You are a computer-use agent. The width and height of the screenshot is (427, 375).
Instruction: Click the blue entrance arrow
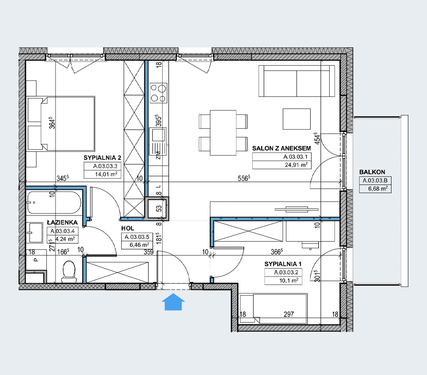[x=173, y=302]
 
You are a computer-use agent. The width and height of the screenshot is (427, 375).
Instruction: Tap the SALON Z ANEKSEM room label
[x=281, y=148]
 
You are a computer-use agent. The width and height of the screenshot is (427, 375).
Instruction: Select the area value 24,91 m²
[x=297, y=164]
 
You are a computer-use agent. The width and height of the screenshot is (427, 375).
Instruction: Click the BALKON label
[x=372, y=172]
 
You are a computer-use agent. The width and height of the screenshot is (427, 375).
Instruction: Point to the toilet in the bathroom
[x=69, y=271]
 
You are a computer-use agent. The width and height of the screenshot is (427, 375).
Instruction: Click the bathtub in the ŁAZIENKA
[x=54, y=202]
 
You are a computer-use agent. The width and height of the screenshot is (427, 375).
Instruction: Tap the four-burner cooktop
[x=159, y=93]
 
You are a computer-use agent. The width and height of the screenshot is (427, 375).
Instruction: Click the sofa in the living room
[x=297, y=81]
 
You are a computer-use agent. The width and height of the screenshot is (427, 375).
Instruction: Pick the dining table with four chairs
[x=223, y=133]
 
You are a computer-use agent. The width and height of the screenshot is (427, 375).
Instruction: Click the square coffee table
[x=297, y=119]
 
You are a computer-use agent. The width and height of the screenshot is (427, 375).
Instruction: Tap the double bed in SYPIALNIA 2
[x=61, y=123]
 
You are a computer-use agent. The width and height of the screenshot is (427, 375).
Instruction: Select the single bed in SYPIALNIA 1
[x=273, y=309]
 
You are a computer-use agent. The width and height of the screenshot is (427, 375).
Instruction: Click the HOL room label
[x=128, y=228]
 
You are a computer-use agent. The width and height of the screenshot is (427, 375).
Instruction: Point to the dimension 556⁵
[x=244, y=178]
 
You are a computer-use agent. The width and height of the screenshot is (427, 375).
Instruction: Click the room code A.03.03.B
[x=375, y=180]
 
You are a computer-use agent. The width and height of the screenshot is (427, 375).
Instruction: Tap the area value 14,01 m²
[x=106, y=174]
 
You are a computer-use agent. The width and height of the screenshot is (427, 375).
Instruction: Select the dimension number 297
[x=289, y=315]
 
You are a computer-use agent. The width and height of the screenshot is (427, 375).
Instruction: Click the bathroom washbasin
[x=35, y=233]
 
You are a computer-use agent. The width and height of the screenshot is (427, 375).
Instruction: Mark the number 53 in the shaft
[x=159, y=209]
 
